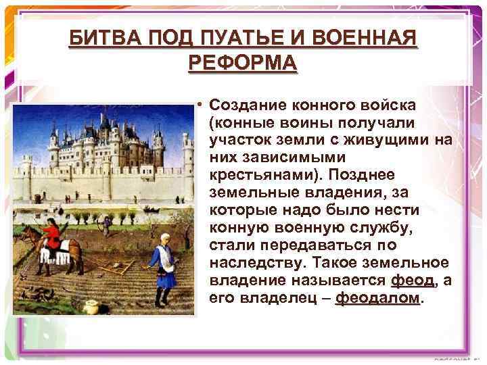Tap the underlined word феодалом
point(377,298)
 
